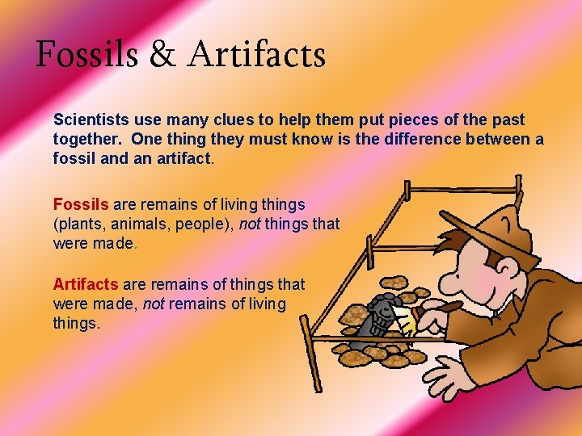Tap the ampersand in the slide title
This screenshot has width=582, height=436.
(x=162, y=55)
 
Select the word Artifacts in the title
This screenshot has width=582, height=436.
(x=257, y=55)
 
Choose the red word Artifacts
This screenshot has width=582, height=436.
(x=86, y=284)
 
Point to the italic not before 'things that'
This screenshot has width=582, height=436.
(x=250, y=224)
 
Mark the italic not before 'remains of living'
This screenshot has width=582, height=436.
(x=154, y=304)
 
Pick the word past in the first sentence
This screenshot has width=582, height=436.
(x=507, y=119)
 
